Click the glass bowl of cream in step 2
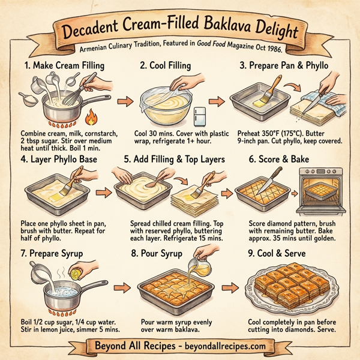tap(165, 109)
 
